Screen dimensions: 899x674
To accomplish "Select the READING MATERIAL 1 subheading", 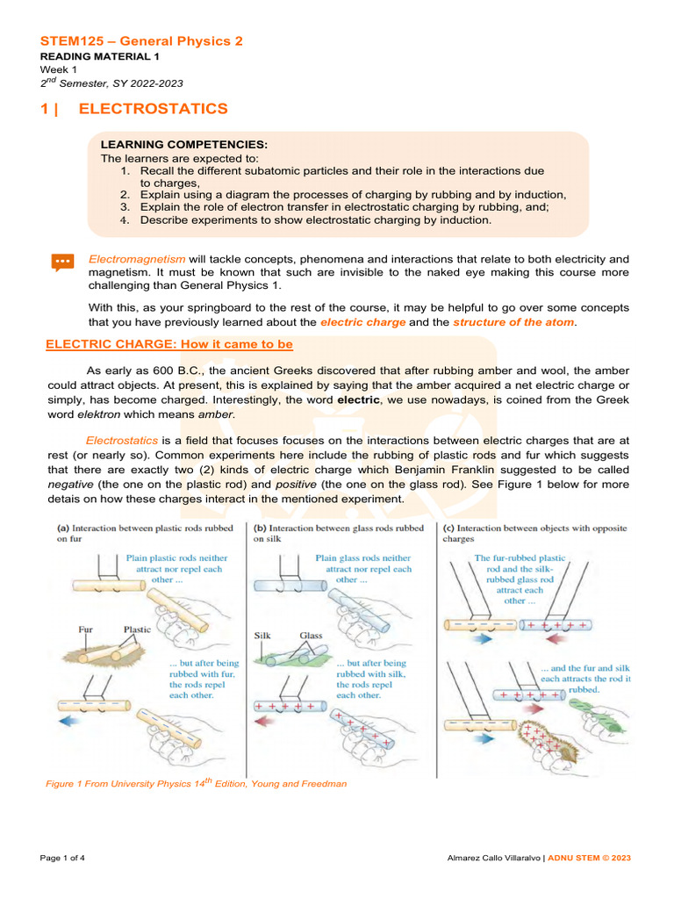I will click(92, 56).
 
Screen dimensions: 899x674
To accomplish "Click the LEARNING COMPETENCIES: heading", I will click(184, 144).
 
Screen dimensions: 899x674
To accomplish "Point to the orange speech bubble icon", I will click(62, 262).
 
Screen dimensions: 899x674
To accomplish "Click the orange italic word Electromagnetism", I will click(137, 259).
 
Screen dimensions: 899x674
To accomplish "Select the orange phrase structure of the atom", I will click(513, 323).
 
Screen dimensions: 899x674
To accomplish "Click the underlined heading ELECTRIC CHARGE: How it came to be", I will click(168, 345).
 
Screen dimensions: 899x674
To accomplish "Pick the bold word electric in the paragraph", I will click(358, 399).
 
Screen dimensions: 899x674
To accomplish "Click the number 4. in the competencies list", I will click(125, 220).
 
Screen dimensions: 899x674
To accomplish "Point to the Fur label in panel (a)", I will click(86, 629).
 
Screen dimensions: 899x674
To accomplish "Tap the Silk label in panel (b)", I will click(263, 636).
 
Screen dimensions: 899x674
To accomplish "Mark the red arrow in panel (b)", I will click(264, 721).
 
